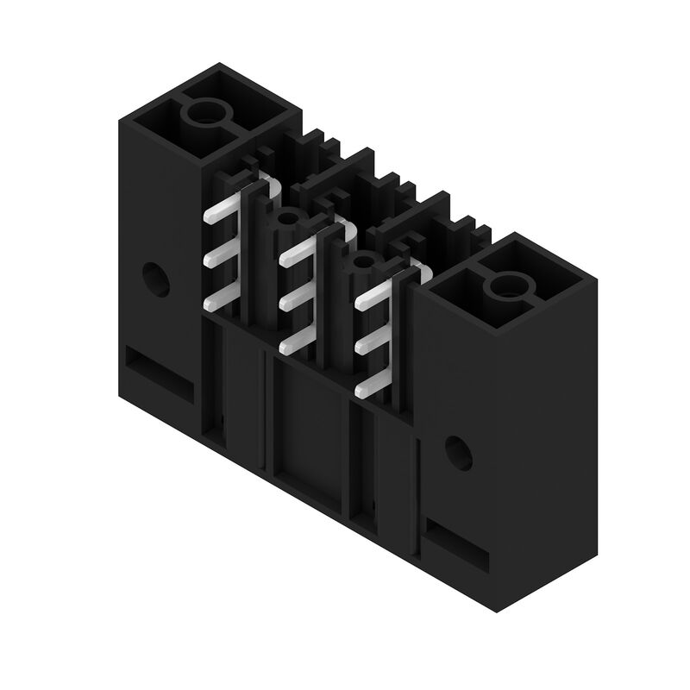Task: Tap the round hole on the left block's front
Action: pyautogui.click(x=157, y=278)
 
